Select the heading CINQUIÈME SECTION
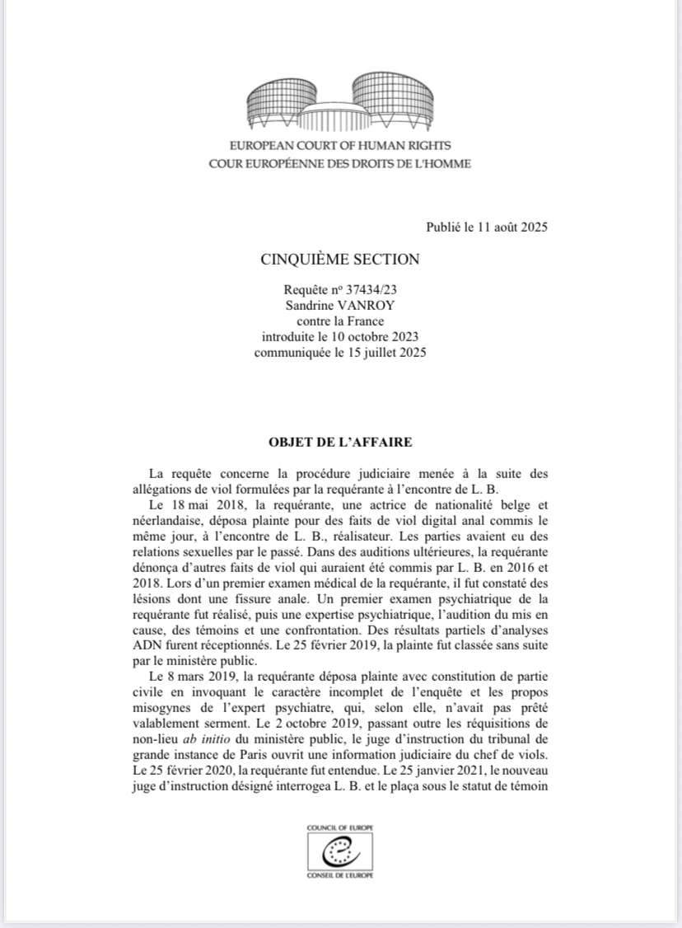[x=340, y=260]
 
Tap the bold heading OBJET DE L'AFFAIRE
[x=340, y=442]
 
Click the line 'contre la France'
[x=340, y=321]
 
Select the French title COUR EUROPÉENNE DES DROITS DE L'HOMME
[x=340, y=163]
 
